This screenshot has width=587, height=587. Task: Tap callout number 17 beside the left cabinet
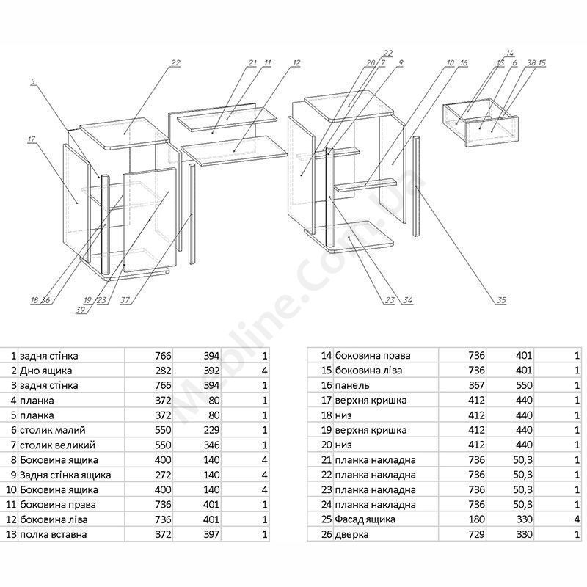click(x=31, y=139)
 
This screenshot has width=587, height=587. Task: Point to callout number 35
click(x=501, y=300)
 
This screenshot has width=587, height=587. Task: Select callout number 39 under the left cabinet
click(x=81, y=310)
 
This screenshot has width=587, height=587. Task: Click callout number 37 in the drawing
click(x=125, y=300)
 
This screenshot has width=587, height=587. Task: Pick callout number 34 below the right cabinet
click(x=408, y=300)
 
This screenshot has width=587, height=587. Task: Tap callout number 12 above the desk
click(x=296, y=63)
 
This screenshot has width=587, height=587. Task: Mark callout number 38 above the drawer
click(x=531, y=63)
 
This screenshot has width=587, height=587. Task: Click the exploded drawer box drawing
click(x=481, y=123)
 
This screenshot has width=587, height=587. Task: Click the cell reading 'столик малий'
click(x=52, y=430)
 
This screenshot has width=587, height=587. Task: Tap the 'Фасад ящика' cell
click(x=365, y=519)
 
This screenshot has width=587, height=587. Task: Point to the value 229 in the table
click(x=211, y=430)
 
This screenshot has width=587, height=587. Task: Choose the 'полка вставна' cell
click(x=53, y=535)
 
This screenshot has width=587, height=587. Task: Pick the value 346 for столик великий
click(x=211, y=445)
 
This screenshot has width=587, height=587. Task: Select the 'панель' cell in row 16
click(x=352, y=385)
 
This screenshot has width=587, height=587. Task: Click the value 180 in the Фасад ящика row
click(x=476, y=519)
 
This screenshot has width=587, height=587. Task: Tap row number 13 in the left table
click(x=11, y=535)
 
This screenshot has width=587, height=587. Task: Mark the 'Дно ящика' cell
click(x=45, y=371)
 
